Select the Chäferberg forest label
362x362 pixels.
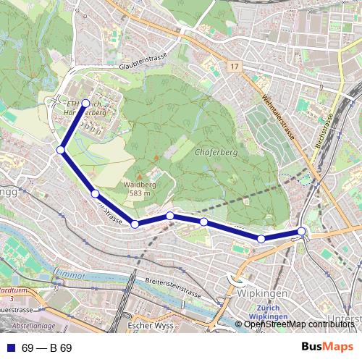pyautogui.click(x=213, y=153)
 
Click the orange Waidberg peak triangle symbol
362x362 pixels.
pyautogui.click(x=155, y=156)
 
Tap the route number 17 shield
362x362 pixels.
pyautogui.click(x=232, y=67)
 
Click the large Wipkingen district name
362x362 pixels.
pyautogui.click(x=259, y=295)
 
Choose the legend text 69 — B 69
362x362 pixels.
pyautogui.click(x=46, y=348)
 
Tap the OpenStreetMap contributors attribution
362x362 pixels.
pyautogui.click(x=299, y=324)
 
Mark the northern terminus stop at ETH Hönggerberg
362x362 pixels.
pyautogui.click(x=85, y=103)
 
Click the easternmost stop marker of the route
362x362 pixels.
pyautogui.click(x=302, y=232)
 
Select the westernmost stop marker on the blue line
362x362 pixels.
pyautogui.click(x=61, y=150)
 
